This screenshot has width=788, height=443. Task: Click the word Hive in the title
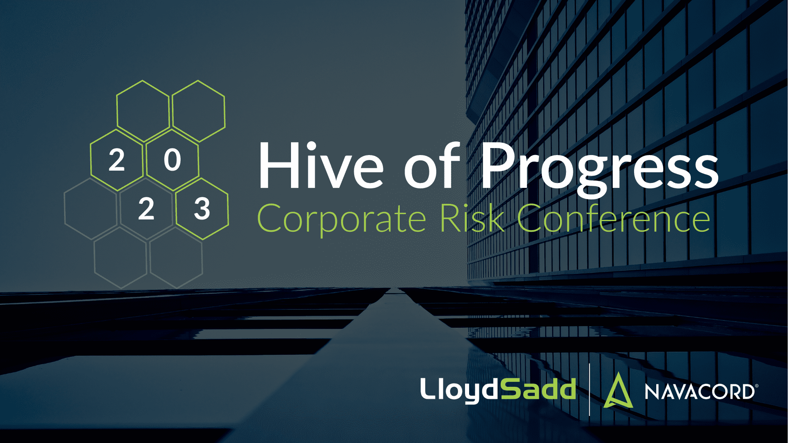click(x=321, y=165)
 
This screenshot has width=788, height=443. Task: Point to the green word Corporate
click(x=341, y=219)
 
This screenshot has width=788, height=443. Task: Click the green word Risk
click(x=472, y=217)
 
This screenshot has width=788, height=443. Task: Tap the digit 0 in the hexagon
click(x=172, y=160)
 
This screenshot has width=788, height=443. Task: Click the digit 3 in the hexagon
click(x=202, y=209)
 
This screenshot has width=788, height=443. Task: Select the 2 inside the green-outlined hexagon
click(x=117, y=160)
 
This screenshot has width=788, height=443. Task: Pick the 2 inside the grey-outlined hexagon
click(x=146, y=209)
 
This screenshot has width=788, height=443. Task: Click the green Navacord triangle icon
click(x=618, y=390)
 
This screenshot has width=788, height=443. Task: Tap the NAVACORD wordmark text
click(x=699, y=392)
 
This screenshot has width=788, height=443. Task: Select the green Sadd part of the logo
click(x=538, y=388)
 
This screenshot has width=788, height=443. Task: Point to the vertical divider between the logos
click(x=589, y=390)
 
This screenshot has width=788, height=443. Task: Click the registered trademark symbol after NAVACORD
click(x=756, y=386)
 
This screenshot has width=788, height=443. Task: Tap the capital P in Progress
click(x=499, y=165)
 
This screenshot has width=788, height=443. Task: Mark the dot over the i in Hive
click(x=311, y=146)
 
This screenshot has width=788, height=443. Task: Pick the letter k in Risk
click(x=495, y=217)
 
